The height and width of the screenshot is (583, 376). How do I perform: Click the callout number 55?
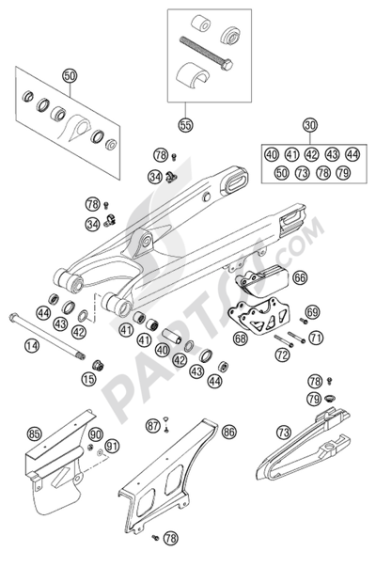click(x=185, y=124)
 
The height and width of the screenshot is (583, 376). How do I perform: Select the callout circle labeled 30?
click(x=310, y=124)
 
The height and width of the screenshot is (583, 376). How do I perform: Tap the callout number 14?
click(x=32, y=346)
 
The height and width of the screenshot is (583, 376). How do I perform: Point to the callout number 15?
click(x=88, y=379)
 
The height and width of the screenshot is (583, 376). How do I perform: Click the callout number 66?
click(x=300, y=277)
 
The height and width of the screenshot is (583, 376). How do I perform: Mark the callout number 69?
click(x=313, y=312)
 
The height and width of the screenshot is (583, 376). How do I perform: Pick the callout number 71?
click(x=316, y=338)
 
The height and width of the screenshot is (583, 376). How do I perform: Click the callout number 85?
click(x=34, y=433)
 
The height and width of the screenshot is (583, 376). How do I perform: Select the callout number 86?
click(x=228, y=432)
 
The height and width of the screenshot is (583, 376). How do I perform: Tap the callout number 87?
click(x=152, y=425)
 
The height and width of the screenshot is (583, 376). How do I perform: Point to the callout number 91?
click(x=112, y=446)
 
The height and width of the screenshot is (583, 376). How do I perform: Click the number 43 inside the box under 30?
click(x=332, y=154)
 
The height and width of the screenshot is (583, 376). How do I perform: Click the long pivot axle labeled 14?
click(x=47, y=337)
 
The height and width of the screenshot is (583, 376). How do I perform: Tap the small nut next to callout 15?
click(x=98, y=365)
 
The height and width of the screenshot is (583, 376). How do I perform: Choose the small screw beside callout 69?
click(x=304, y=321)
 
